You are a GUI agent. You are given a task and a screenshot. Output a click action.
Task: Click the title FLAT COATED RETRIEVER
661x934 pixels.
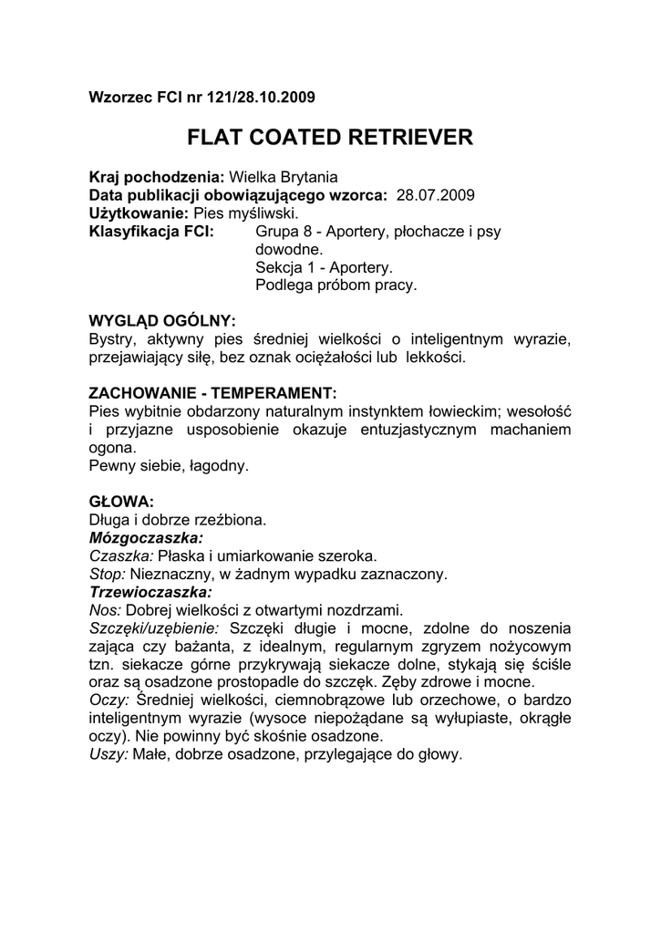(x=330, y=138)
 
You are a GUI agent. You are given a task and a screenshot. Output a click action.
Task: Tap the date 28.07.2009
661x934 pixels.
(x=436, y=195)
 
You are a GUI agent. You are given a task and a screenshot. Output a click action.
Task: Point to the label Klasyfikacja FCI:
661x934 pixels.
(x=150, y=231)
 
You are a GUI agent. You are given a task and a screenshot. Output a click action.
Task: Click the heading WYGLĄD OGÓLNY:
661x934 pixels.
(x=161, y=321)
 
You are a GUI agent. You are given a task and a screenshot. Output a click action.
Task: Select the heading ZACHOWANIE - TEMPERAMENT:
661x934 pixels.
(x=212, y=393)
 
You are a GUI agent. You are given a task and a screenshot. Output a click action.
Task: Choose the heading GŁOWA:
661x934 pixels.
(x=121, y=502)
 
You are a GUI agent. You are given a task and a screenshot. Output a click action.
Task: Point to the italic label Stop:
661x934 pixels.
(x=108, y=574)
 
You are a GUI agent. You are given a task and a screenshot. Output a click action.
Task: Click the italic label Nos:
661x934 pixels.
(x=105, y=609)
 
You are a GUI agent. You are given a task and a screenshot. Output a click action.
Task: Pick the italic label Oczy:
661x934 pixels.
(x=108, y=700)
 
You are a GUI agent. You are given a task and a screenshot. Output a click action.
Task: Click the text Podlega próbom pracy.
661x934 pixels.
(x=336, y=285)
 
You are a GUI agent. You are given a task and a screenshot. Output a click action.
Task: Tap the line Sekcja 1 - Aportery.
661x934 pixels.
(x=324, y=267)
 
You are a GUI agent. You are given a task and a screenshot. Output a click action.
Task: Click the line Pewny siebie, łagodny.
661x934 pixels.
(x=168, y=466)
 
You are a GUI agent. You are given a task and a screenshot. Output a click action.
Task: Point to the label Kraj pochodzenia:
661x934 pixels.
(x=156, y=178)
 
